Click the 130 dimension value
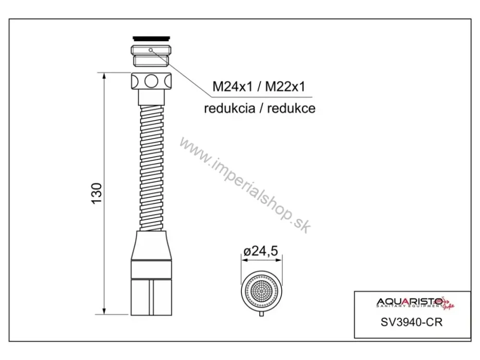point(97,193)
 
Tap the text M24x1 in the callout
point(233,86)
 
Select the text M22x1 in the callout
point(285,86)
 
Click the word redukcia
point(229,108)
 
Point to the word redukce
point(291,108)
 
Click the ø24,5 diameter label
point(261,251)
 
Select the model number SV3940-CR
point(411,322)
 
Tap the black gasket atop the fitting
point(151,38)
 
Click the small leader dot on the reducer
point(150,50)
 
